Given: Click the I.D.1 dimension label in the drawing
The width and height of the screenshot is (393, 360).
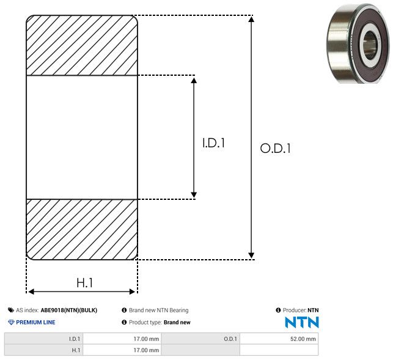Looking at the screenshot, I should (x=214, y=144).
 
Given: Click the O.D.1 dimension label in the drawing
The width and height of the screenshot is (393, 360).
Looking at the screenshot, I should (x=276, y=148).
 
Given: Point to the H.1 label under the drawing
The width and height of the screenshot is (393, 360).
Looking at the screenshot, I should (x=84, y=283).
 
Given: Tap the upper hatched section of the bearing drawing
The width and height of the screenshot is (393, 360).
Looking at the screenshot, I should (x=82, y=45).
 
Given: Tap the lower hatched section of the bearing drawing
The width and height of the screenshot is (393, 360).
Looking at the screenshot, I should (x=82, y=229).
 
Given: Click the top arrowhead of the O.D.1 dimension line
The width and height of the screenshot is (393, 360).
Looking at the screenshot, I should (x=251, y=20).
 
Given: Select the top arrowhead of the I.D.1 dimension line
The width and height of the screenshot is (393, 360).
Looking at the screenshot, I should (x=194, y=81).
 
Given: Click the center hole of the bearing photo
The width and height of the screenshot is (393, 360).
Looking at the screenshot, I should (x=370, y=44).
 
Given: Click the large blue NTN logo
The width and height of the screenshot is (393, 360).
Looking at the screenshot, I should (x=302, y=322).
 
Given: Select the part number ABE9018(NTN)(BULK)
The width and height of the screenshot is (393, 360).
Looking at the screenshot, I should (x=68, y=310).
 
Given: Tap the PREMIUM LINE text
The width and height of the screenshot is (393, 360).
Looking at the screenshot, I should (x=35, y=322).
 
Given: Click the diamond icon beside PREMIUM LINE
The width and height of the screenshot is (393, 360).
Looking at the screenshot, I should (x=11, y=322).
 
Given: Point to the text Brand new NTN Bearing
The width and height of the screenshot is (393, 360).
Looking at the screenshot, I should (x=158, y=310).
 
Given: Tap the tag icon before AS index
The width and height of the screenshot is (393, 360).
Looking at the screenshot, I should (x=11, y=310).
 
